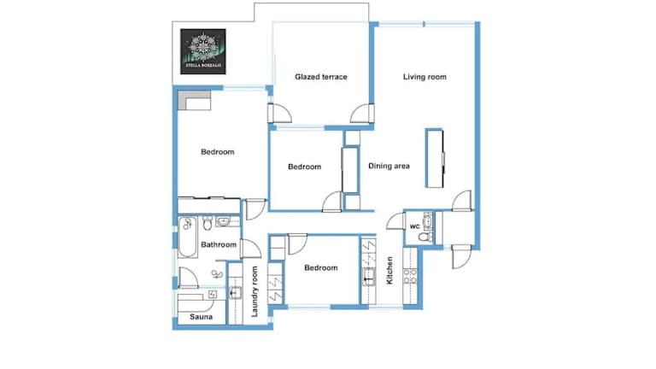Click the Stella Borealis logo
(x=203, y=51)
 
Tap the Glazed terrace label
(x=321, y=77)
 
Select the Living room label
(x=425, y=77)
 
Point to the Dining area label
(x=389, y=166)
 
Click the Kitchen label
(x=389, y=271)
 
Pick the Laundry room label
(x=255, y=291)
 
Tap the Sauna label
(x=202, y=317)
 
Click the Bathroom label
(x=219, y=245)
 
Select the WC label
(x=414, y=226)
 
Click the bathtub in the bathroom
(x=187, y=237)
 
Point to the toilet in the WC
(x=425, y=237)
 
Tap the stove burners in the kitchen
(x=410, y=277)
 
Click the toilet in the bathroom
(x=208, y=223)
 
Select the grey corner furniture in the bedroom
(x=194, y=101)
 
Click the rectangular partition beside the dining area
(x=434, y=158)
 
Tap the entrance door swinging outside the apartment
(x=461, y=256)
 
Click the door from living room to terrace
(x=362, y=114)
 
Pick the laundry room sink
(x=235, y=292)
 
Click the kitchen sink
(x=369, y=277)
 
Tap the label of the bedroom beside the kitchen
(x=321, y=268)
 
